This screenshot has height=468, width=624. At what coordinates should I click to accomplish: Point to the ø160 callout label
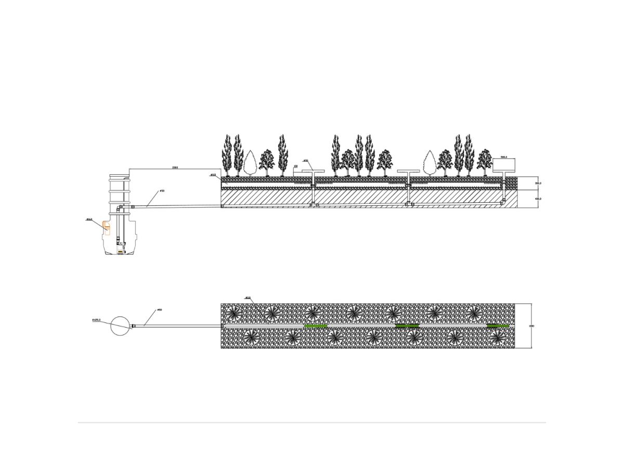(89, 219)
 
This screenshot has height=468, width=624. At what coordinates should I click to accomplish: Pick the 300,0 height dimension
(538, 183)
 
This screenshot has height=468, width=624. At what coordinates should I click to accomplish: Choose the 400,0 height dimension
(538, 199)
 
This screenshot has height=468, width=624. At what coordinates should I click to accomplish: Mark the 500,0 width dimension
(503, 157)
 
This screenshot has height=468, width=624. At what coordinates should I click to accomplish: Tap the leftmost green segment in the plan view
(316, 326)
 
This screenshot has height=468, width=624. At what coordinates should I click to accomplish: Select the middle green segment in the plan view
(407, 326)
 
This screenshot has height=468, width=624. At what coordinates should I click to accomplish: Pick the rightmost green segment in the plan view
(498, 326)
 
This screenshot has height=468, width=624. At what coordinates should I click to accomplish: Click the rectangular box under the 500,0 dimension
(504, 165)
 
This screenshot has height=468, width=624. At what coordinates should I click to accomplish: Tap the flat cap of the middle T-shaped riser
(408, 171)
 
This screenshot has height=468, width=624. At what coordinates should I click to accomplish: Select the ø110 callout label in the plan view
(248, 298)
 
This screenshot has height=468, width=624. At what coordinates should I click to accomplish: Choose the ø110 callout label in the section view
(213, 175)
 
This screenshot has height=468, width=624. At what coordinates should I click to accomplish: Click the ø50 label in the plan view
(160, 310)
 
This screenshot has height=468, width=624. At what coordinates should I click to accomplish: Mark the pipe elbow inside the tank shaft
(119, 208)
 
